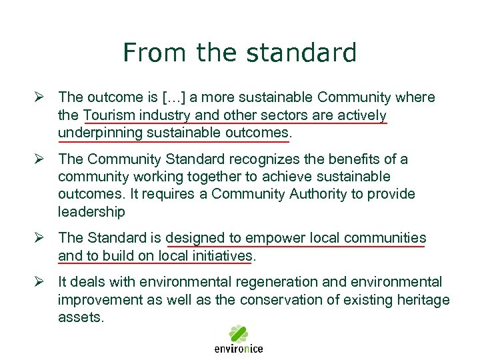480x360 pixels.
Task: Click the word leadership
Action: click(91, 211)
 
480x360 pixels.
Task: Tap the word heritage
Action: click(424, 299)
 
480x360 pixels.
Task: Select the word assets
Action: click(81, 317)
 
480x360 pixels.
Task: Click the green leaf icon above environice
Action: click(238, 334)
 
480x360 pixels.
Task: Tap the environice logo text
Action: click(238, 349)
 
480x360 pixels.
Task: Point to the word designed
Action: click(194, 238)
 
